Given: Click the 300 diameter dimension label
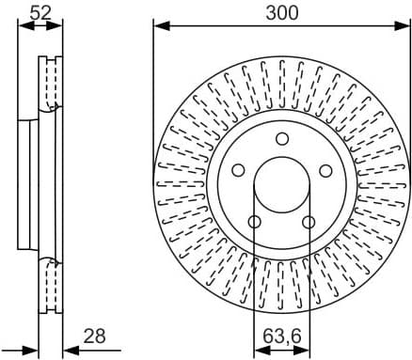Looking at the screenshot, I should pos(281,12).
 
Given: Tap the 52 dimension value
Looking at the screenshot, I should pos(40,12).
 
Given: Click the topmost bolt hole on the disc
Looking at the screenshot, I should pos(282,139).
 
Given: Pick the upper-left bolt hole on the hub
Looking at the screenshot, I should pos(238,171).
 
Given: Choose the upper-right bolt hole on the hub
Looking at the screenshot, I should pos(326,171).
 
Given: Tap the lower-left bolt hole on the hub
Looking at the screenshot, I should pos(254,222).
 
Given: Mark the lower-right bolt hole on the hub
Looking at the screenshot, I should pos(309,222).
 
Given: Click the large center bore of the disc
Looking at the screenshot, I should pos(282,187).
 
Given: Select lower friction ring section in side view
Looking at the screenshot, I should pos(50,287).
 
